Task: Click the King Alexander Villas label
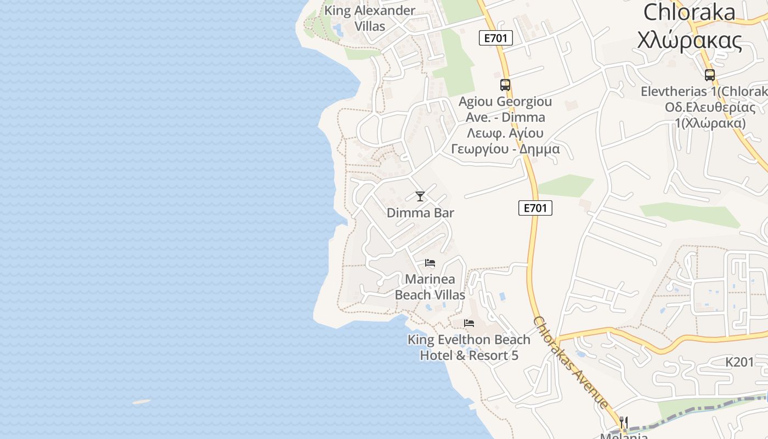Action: coord(369,18)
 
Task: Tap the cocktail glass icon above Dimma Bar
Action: coord(420,196)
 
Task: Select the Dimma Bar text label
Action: coord(420,213)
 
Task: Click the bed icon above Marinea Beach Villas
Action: coord(430,263)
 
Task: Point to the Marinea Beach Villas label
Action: coord(430,287)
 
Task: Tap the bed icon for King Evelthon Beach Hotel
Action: coord(469,323)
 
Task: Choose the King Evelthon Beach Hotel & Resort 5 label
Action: coord(469,347)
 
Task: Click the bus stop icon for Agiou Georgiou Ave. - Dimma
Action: coord(505,85)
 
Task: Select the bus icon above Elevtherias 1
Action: coord(710,75)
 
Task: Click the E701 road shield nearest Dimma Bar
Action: coord(535,208)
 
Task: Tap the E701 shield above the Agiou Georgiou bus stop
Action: coord(496,38)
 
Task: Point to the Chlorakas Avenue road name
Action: coord(571,362)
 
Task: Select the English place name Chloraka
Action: coord(689,12)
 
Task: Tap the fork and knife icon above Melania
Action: coord(623,422)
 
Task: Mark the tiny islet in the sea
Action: coord(142,402)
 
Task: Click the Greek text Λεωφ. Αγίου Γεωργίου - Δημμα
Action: coord(505,141)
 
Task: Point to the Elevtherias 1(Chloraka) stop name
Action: coord(704,92)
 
